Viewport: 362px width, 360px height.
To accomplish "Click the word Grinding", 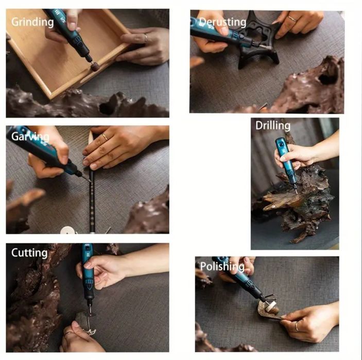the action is pos(32,23).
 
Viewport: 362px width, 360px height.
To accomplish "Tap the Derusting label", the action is pos(222,22).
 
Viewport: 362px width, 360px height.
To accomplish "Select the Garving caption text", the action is pos(30,137).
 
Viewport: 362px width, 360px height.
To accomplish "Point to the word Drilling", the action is pos(272,126).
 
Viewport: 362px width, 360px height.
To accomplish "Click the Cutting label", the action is pos(29,253).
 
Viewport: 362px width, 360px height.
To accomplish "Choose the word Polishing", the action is pos(222,266).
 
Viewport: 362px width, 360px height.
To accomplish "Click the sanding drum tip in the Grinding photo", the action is pos(95,66).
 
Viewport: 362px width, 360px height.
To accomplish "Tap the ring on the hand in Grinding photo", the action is pos(146,38).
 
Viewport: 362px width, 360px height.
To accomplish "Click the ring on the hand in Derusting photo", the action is pos(292,19).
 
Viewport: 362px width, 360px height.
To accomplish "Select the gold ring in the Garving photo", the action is pos(105,137).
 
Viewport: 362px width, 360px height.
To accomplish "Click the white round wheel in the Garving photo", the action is pos(68,230).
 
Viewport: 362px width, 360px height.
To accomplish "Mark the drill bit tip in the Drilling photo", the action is pos(297,194).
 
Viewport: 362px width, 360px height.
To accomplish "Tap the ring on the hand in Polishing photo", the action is pos(297,327).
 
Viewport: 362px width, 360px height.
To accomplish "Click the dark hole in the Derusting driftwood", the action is pos(327,78).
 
